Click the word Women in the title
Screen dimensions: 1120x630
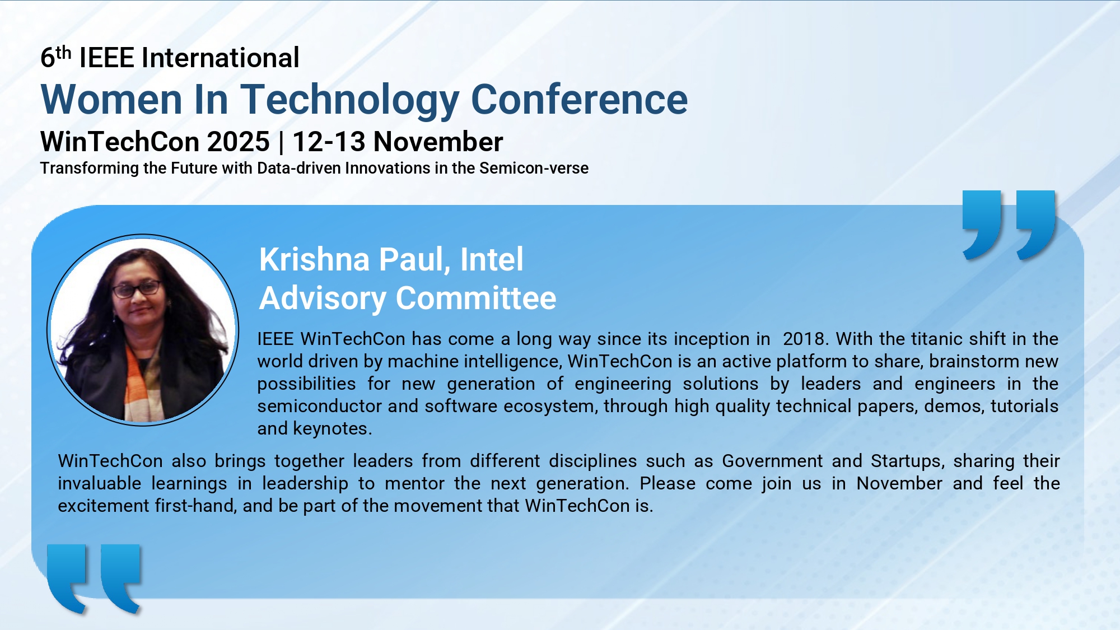[112, 100]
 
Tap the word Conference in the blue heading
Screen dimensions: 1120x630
[580, 100]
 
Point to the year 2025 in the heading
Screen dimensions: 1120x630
[239, 142]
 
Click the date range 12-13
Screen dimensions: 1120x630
[329, 142]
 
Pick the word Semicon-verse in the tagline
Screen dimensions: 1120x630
[534, 168]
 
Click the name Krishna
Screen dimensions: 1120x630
[315, 259]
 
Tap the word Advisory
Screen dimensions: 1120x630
[323, 298]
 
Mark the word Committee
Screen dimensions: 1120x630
[476, 298]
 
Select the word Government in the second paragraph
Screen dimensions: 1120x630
[772, 461]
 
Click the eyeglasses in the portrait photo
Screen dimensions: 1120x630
[137, 290]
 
